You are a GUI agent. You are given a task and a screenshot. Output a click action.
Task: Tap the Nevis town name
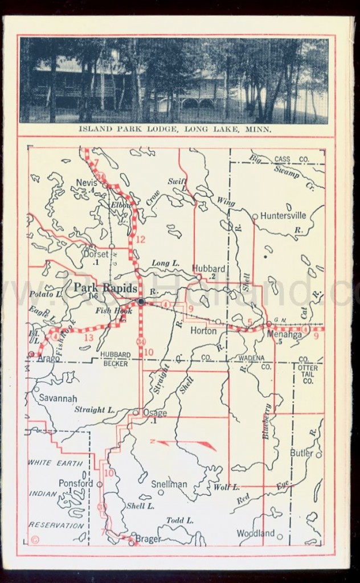pyautogui.click(x=86, y=183)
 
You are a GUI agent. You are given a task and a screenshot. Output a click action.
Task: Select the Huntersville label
pyautogui.click(x=283, y=216)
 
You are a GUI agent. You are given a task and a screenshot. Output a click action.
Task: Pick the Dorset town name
pyautogui.click(x=95, y=254)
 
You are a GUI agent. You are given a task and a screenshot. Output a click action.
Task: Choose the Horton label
pyautogui.click(x=203, y=330)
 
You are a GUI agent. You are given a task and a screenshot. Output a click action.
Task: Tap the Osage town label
pyautogui.click(x=154, y=413)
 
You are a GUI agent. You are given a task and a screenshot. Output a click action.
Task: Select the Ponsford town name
pyautogui.click(x=76, y=483)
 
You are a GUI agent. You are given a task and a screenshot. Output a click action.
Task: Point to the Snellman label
pyautogui.click(x=169, y=484)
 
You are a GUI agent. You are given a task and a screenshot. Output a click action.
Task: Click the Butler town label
pyautogui.click(x=301, y=453)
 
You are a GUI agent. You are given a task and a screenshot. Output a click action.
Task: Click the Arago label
pyautogui.click(x=48, y=360)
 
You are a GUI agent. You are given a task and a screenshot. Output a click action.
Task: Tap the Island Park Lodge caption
pyautogui.click(x=175, y=129)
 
